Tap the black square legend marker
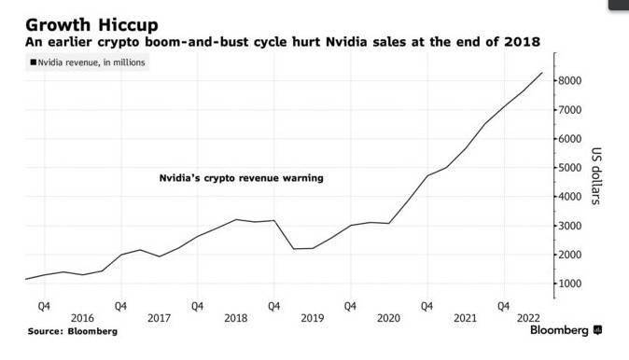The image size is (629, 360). [x=35, y=62]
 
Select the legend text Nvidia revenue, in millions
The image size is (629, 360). [x=91, y=62]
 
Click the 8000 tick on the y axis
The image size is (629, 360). [x=572, y=81]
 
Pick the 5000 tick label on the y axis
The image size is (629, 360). [x=572, y=168]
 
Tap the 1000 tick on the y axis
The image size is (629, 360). [x=572, y=284]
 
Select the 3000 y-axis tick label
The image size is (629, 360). [x=572, y=226]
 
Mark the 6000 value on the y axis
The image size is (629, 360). [x=572, y=139]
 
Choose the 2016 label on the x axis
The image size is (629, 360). [x=81, y=318]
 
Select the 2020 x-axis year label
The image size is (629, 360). [x=387, y=318]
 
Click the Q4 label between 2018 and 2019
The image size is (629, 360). [x=273, y=304]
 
